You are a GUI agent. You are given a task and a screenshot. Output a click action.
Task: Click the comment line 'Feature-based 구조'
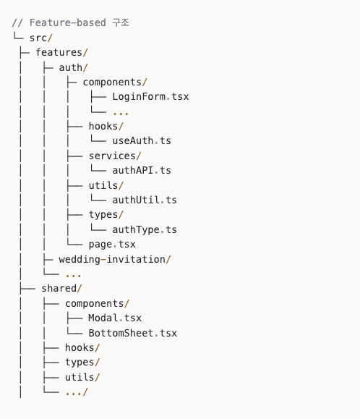point(70,22)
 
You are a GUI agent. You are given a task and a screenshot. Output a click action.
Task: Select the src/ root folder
point(40,38)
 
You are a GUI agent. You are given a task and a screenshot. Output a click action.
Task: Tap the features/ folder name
point(61,52)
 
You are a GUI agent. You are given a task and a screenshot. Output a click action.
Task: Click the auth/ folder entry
point(74,67)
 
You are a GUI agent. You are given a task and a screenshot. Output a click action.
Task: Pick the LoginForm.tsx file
point(150,96)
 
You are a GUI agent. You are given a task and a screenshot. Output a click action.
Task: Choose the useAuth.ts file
point(142,140)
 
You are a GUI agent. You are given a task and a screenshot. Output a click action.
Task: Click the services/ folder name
point(115,156)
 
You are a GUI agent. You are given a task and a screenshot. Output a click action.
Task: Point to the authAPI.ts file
point(142,170)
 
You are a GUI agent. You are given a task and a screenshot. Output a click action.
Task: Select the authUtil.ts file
point(145,200)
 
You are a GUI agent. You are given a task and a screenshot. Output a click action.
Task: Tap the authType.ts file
point(145,229)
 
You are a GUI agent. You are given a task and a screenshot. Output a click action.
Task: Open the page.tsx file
point(112,244)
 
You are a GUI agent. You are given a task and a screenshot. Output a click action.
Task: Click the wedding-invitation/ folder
point(115,259)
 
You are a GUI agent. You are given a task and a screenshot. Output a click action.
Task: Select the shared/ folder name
point(61,288)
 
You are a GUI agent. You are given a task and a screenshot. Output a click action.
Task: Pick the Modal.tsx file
point(115,318)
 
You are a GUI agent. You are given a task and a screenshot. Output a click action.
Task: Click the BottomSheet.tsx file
point(133,333)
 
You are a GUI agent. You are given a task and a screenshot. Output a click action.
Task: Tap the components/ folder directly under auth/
point(115,82)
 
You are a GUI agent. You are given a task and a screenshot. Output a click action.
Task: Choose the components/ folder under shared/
point(98,303)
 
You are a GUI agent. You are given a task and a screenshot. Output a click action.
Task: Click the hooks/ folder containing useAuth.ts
point(106,126)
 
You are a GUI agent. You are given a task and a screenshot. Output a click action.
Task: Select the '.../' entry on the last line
point(77,392)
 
